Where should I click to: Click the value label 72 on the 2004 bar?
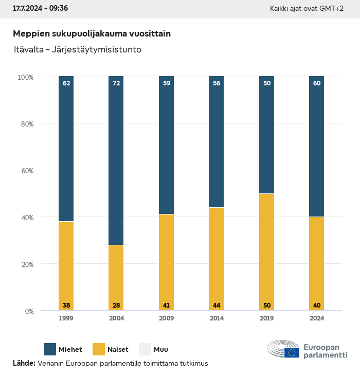(116, 83)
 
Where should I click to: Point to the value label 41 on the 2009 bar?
(166, 306)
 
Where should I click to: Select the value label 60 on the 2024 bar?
(317, 83)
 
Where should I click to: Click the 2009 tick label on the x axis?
(166, 318)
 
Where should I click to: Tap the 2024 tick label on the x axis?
(317, 318)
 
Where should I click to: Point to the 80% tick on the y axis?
(26, 124)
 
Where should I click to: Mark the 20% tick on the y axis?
(26, 264)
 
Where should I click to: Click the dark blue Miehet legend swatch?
(50, 349)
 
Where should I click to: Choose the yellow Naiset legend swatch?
(98, 349)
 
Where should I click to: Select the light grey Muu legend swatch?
(146, 349)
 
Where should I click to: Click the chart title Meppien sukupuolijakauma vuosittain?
(92, 33)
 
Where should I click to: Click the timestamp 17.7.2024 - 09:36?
(40, 8)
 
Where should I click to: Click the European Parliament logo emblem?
(283, 349)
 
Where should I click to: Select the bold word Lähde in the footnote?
(24, 363)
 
